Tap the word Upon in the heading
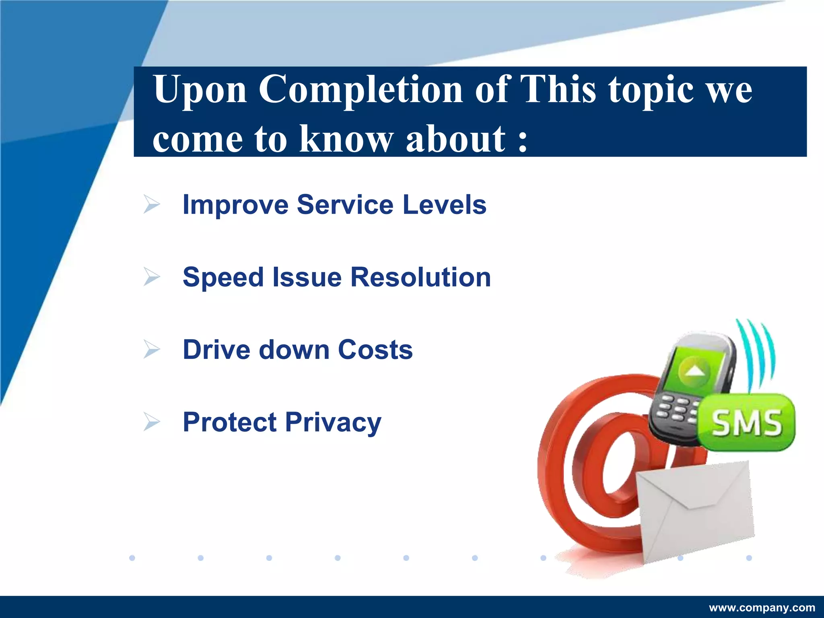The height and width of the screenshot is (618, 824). click(200, 91)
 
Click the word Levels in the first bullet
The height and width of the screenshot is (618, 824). click(444, 204)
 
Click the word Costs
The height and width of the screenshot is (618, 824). click(375, 350)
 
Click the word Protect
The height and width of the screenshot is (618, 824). click(230, 422)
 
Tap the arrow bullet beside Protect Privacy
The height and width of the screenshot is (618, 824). click(152, 422)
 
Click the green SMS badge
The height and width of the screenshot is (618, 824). click(747, 422)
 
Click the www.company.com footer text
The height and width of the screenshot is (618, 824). click(762, 608)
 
